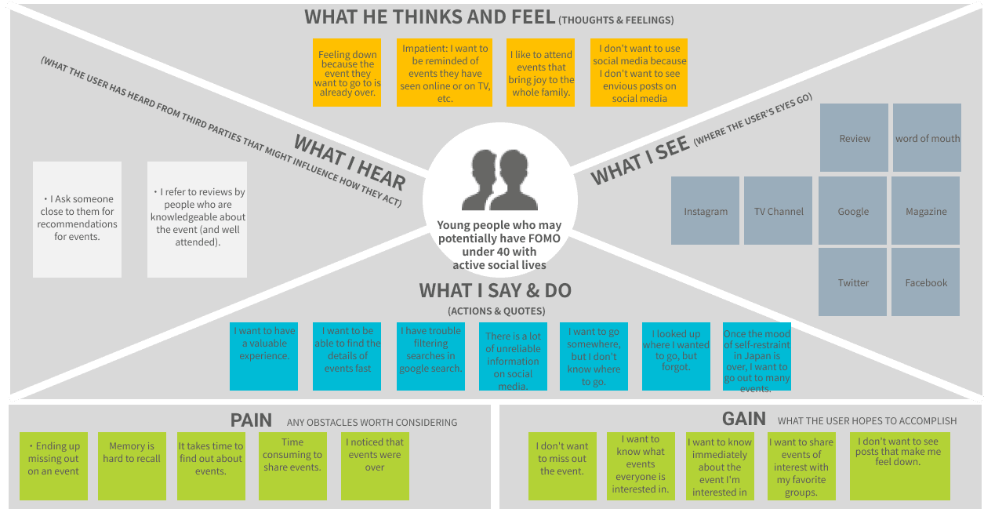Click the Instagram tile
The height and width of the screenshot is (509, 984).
coord(705,210)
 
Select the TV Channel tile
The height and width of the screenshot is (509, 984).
coord(778,210)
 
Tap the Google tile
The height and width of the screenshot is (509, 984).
coord(853,210)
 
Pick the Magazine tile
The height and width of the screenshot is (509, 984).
coord(926,210)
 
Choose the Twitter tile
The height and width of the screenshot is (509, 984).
coord(853,282)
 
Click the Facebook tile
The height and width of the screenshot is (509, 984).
coord(926,282)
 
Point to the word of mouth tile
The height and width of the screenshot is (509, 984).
coord(927,137)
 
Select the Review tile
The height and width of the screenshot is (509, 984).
coord(854,137)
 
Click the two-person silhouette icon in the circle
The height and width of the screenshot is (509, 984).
coord(499,176)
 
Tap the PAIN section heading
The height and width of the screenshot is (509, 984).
coord(251,420)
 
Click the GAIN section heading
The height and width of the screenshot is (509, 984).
coord(743,419)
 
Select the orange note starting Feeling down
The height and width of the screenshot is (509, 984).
coord(347,72)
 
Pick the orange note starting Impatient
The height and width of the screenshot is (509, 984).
coord(445,72)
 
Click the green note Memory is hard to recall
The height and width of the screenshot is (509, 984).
coord(133,466)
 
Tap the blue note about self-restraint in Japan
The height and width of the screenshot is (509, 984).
coord(756,356)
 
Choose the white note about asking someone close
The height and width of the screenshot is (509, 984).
coord(77,219)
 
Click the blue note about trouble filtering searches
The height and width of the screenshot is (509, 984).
coord(430,356)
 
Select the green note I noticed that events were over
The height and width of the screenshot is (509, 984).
coord(375,466)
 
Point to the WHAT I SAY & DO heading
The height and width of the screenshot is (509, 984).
coord(495,291)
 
